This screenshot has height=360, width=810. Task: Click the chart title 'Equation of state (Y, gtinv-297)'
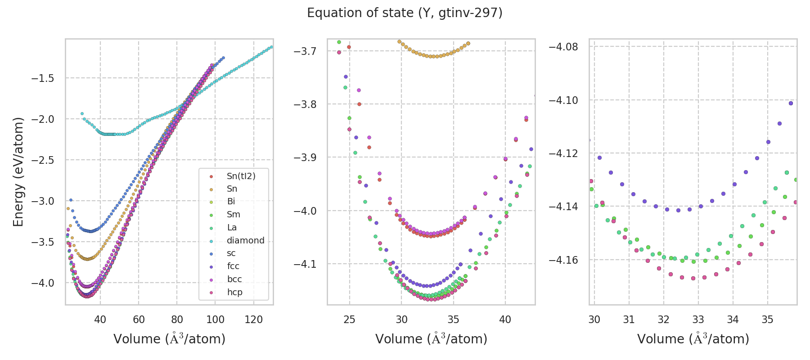[x=405, y=13]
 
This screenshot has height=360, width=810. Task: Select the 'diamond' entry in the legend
[x=245, y=240]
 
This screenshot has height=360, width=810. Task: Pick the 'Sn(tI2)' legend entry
[x=241, y=176]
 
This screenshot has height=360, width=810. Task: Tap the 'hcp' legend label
[x=234, y=292]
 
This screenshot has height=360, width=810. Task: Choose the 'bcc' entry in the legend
[x=234, y=279]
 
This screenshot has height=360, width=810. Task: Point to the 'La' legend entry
[x=232, y=227]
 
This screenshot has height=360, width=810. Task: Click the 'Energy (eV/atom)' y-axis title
[x=18, y=171]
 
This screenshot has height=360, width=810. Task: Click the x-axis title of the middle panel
[x=431, y=339]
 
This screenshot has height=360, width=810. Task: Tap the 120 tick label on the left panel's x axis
[x=254, y=319]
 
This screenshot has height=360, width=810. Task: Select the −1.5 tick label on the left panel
[x=42, y=78]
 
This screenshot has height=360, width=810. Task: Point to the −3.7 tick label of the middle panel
[x=305, y=51]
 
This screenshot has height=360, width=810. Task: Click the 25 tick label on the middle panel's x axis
[x=350, y=319]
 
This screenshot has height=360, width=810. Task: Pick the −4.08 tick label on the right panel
[x=563, y=47]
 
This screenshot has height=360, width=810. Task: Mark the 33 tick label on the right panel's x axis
[x=698, y=319]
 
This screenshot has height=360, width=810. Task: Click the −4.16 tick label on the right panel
[x=563, y=260]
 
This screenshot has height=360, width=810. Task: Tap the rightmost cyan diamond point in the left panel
[x=271, y=47]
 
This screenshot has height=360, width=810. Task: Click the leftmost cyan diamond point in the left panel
[x=82, y=114]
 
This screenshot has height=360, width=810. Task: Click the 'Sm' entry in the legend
[x=233, y=215]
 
